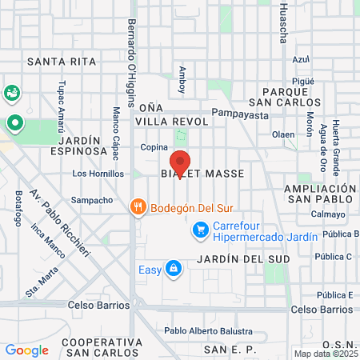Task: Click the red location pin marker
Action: [180, 163]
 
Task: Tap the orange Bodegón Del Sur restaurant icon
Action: [138, 207]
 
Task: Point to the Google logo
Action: [26, 350]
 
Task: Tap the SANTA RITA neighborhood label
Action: [61, 61]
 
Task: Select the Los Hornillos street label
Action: [97, 173]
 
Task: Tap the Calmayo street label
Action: [329, 214]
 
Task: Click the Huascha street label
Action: [283, 24]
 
